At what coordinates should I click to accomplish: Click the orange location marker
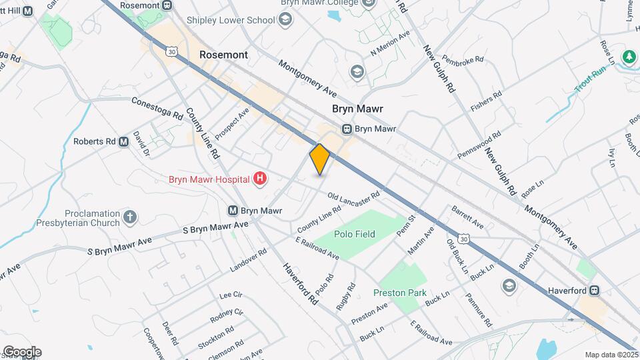(x=320, y=159)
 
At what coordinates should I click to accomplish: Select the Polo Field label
(x=355, y=234)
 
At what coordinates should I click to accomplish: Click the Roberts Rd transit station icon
(x=123, y=141)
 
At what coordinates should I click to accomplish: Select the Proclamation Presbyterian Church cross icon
(x=130, y=217)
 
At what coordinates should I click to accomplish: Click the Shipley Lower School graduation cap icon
(x=286, y=19)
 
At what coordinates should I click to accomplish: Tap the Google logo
(x=21, y=352)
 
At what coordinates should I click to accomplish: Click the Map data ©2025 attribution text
(x=611, y=355)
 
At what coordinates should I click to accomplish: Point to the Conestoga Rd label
(x=157, y=109)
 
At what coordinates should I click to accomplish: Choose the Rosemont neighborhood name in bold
(x=224, y=55)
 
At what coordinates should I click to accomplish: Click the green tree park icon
(x=627, y=57)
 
